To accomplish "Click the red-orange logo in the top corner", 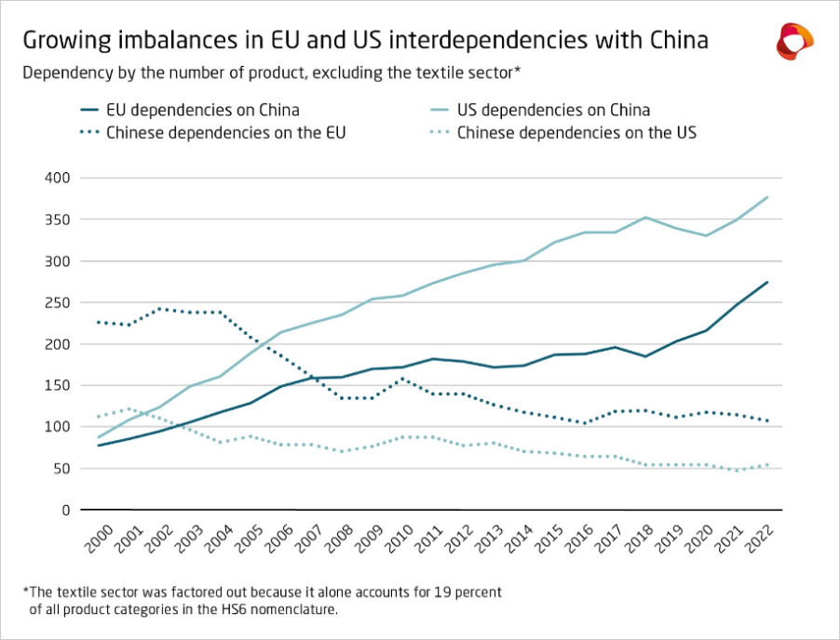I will pos(794,42).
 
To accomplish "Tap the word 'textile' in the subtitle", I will pos(432,72).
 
